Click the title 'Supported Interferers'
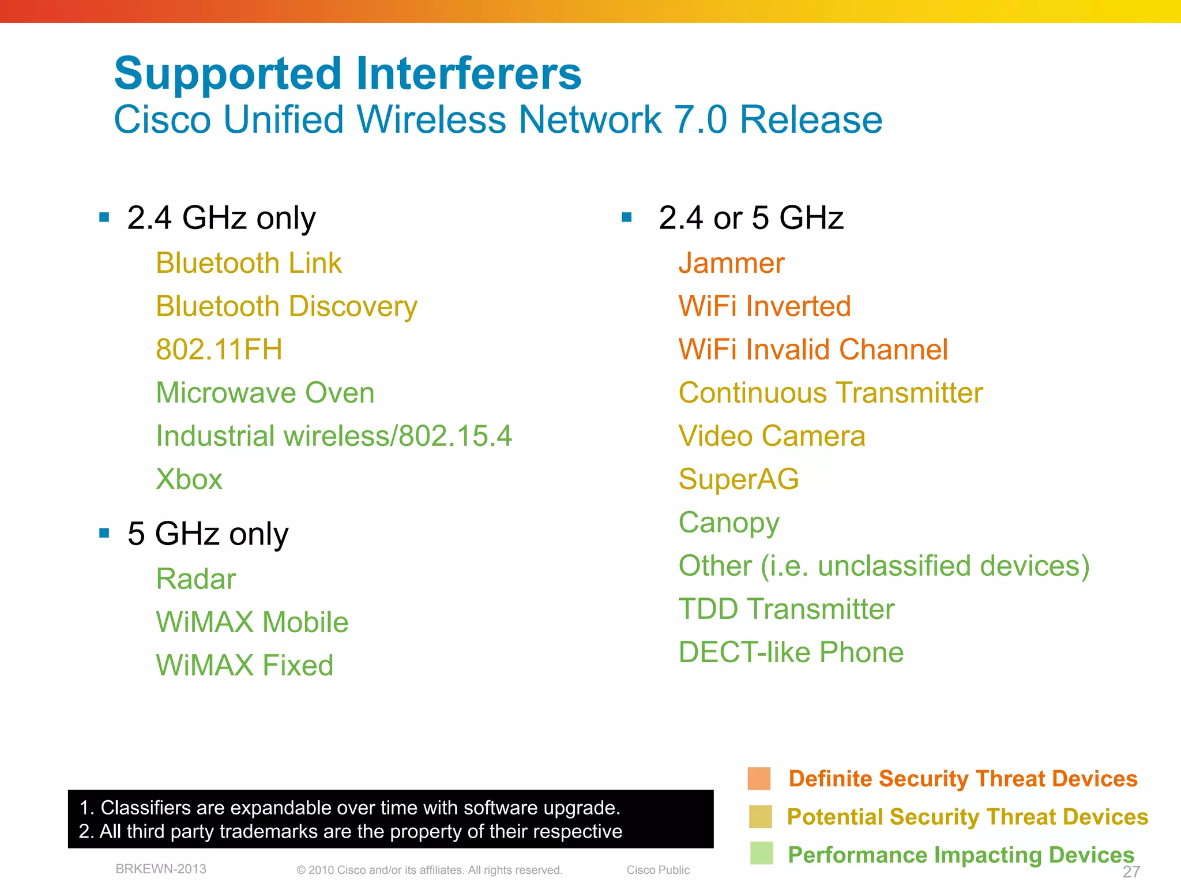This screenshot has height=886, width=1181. (x=348, y=74)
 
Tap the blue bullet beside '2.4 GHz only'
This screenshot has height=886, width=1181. (x=104, y=217)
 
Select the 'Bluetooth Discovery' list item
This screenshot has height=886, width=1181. (x=287, y=306)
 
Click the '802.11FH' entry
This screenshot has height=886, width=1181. (x=219, y=350)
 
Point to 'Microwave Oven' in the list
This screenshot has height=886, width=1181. (x=265, y=393)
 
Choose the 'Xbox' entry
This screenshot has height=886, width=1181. (x=189, y=479)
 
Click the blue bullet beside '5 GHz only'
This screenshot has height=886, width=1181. (x=104, y=533)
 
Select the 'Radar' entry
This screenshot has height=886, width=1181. (x=196, y=579)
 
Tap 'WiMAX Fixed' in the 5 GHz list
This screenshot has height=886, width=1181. (x=245, y=665)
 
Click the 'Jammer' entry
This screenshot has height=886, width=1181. (x=731, y=264)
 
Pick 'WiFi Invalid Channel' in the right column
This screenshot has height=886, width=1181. (x=813, y=350)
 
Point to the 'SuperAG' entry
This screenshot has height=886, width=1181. (x=739, y=479)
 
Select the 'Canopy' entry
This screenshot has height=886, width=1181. (x=729, y=523)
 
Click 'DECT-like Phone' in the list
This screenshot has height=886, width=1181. (x=791, y=652)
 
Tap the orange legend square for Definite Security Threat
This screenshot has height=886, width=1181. (x=759, y=778)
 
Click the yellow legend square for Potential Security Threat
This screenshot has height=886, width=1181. (x=760, y=817)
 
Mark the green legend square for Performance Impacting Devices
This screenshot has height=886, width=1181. (x=761, y=854)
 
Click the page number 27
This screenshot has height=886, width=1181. (x=1131, y=872)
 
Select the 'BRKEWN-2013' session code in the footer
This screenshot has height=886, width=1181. (x=161, y=869)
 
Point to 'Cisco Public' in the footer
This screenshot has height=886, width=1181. (x=658, y=870)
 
